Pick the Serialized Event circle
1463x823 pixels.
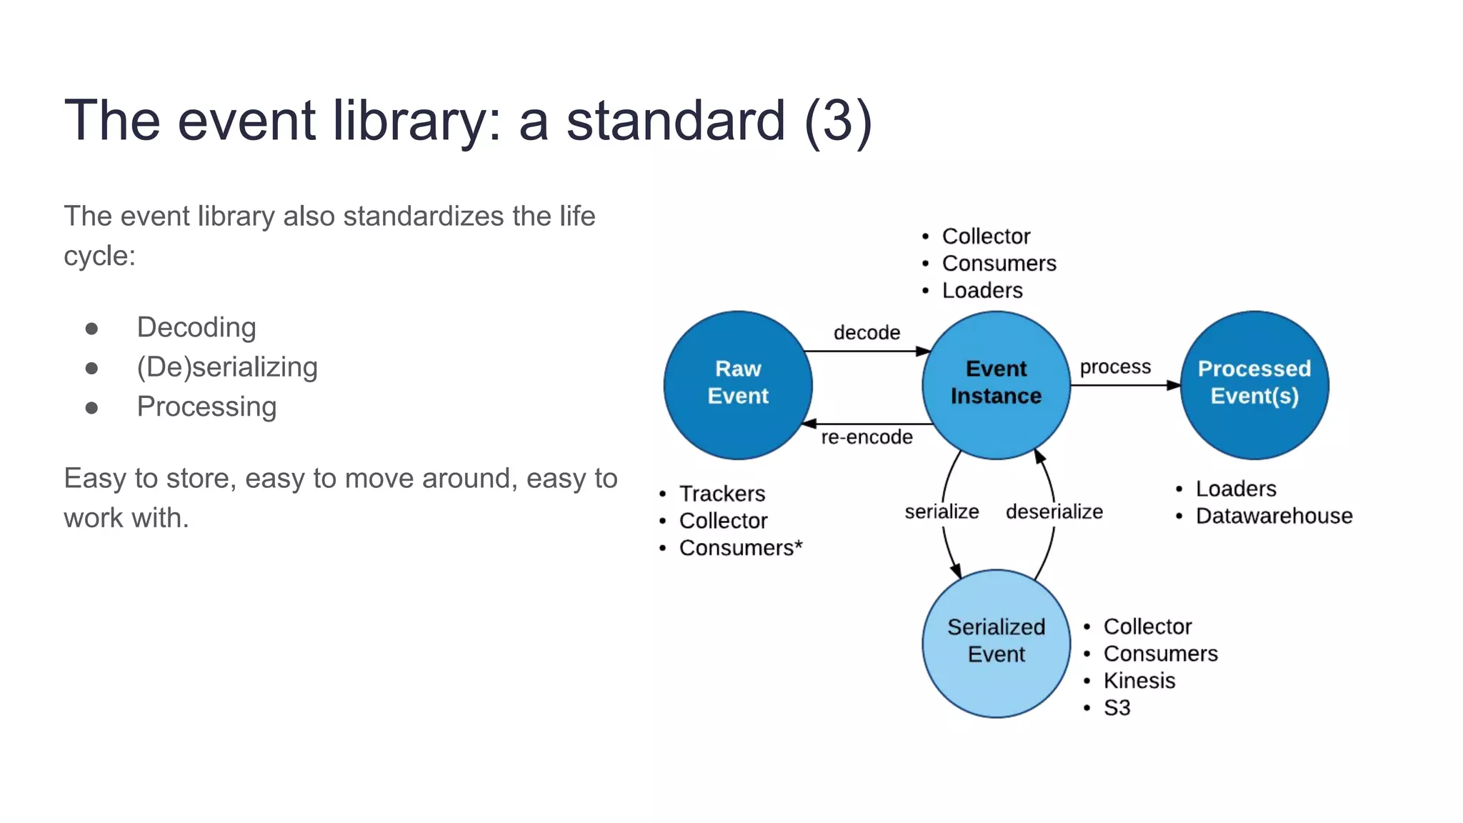pyautogui.click(x=996, y=642)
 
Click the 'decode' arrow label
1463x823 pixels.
pyautogui.click(x=867, y=333)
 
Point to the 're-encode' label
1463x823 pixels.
pyautogui.click(x=867, y=437)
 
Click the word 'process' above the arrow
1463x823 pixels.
pyautogui.click(x=1115, y=367)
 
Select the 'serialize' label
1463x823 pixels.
pyautogui.click(x=942, y=512)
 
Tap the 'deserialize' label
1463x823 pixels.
pyautogui.click(x=1054, y=512)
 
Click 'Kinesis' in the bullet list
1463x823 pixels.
pyautogui.click(x=1139, y=681)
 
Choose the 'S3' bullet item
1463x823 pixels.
pyautogui.click(x=1117, y=708)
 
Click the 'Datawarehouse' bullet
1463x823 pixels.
pyautogui.click(x=1274, y=516)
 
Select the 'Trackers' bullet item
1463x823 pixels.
pyautogui.click(x=721, y=494)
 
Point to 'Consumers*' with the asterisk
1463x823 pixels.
pyautogui.click(x=741, y=548)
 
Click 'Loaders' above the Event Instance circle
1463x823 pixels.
pyautogui.click(x=982, y=291)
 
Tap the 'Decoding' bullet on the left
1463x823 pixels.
pyautogui.click(x=196, y=327)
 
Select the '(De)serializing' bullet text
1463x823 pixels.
pyautogui.click(x=227, y=367)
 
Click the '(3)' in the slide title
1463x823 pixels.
pyautogui.click(x=838, y=120)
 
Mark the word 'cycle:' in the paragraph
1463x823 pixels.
pyautogui.click(x=99, y=256)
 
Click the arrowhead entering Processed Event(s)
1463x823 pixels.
pyautogui.click(x=1173, y=385)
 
